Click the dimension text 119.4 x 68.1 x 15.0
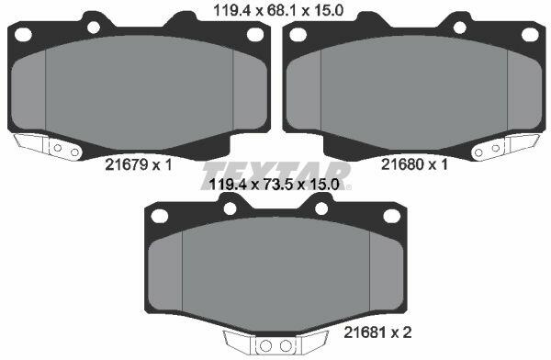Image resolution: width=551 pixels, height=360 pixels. [x=278, y=11]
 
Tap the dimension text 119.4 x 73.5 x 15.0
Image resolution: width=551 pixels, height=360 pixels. [x=274, y=184]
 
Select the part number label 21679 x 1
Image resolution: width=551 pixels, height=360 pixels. [x=139, y=164]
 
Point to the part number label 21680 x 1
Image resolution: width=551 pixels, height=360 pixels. [x=414, y=164]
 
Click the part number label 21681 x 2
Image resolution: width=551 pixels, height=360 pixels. [x=377, y=332]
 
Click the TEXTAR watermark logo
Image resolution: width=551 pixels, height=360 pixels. [x=276, y=175]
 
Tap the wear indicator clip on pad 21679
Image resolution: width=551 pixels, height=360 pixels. [x=48, y=147]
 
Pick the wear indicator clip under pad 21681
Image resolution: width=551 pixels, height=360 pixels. [x=275, y=343]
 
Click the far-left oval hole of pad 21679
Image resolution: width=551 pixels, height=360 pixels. [x=23, y=35]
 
